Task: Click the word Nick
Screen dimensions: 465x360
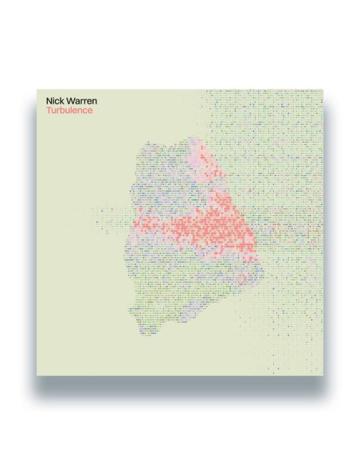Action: tap(55, 102)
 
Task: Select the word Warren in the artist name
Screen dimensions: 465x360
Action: tap(80, 102)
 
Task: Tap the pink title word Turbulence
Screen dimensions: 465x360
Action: tap(68, 111)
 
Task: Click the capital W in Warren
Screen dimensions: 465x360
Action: tap(70, 102)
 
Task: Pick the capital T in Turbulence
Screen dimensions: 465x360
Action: tap(49, 111)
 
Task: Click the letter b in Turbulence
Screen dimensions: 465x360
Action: tap(61, 111)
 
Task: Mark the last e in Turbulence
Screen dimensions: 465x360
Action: tap(89, 111)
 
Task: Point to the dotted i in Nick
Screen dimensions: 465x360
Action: tap(54, 102)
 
